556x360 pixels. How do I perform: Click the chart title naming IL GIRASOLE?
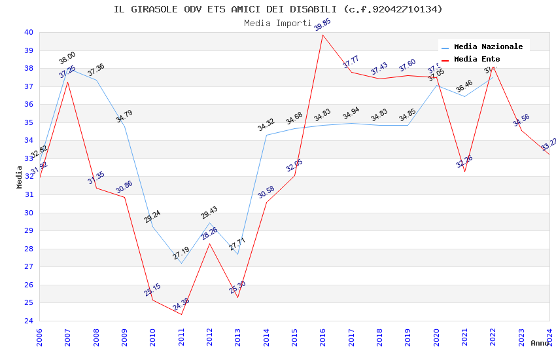coord(278,9)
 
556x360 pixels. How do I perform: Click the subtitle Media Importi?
coord(278,23)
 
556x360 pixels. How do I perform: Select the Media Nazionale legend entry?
coord(488,46)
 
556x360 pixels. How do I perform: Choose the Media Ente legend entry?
coord(476,59)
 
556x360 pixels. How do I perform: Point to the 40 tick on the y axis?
coord(29,32)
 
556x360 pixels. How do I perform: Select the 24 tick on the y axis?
coord(29,321)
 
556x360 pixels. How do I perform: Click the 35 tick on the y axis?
coord(29,122)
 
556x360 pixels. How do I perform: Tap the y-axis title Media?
coord(20,177)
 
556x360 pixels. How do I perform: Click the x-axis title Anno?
coord(540,343)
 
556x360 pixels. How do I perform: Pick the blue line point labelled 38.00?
coord(68,68)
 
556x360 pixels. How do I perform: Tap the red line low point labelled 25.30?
coord(237,297)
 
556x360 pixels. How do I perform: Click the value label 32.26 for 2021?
coord(464,171)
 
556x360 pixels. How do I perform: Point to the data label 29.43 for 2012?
coord(209,213)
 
